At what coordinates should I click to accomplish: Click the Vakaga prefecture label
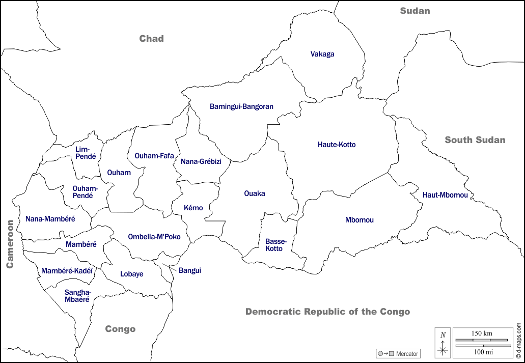click(x=322, y=54)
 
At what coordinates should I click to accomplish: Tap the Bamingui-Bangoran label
click(x=241, y=106)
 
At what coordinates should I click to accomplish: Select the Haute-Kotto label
click(x=337, y=145)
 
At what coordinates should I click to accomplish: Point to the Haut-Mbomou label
click(x=445, y=195)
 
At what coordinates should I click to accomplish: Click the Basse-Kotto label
click(x=276, y=245)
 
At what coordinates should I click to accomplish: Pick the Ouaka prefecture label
click(x=255, y=193)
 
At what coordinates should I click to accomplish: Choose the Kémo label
click(x=194, y=208)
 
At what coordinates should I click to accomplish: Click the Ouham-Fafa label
click(x=154, y=156)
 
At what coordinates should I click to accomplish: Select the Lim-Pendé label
click(x=86, y=153)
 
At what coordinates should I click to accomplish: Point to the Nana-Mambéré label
click(x=50, y=219)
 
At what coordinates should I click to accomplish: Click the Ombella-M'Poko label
click(x=154, y=237)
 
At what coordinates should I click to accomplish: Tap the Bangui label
click(x=190, y=270)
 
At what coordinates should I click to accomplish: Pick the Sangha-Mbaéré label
click(x=77, y=296)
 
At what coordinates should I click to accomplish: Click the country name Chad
click(x=152, y=39)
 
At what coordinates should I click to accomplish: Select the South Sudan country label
click(x=475, y=140)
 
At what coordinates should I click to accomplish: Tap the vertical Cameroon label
click(x=10, y=244)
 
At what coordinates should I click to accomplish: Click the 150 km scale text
click(x=481, y=333)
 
